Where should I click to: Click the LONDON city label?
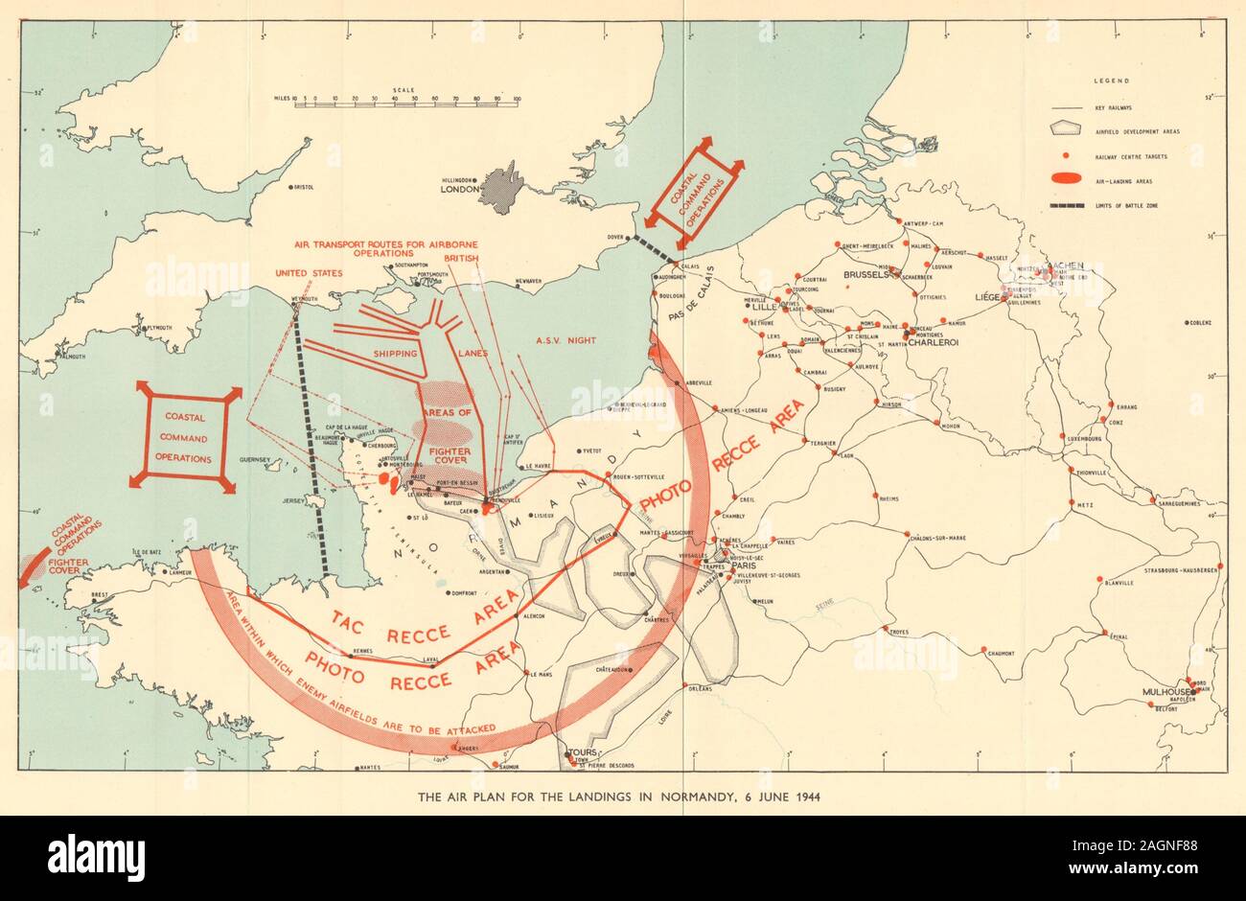tap(458, 190)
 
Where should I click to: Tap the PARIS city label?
tap(744, 566)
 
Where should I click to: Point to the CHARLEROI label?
tap(935, 342)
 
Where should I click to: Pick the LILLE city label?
tap(763, 307)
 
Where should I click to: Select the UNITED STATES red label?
tap(308, 273)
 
